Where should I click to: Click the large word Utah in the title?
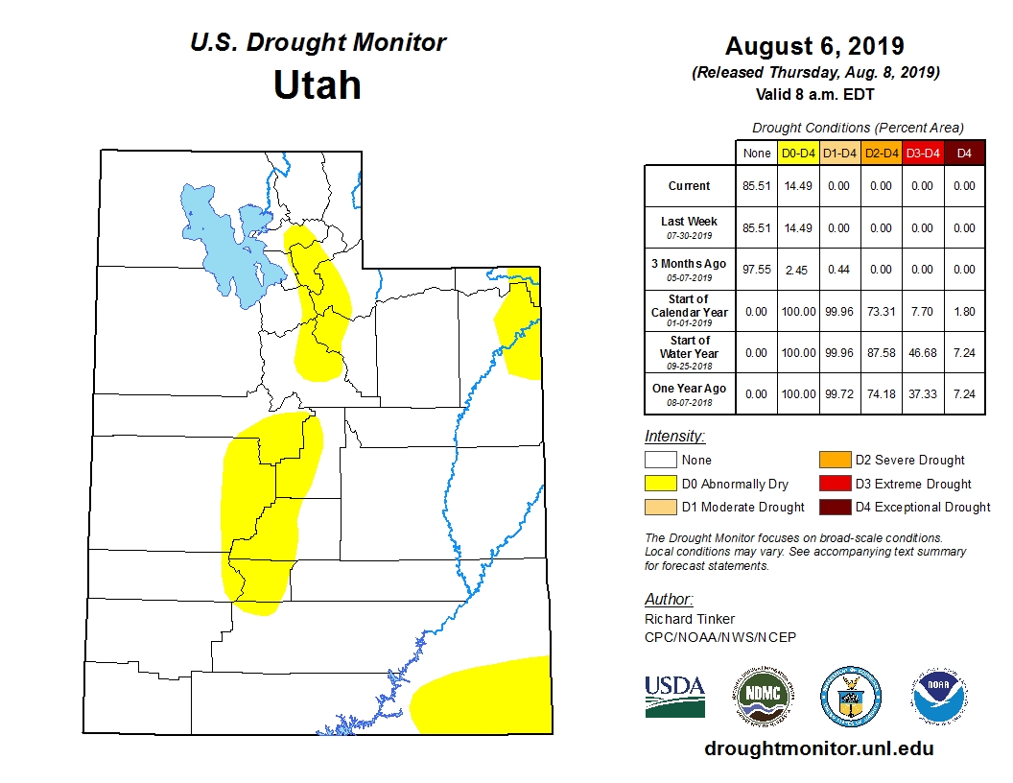click(317, 85)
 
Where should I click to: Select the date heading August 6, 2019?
click(814, 46)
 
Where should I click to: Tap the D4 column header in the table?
click(964, 153)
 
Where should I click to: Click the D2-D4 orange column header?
click(881, 153)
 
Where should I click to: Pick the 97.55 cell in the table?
click(756, 270)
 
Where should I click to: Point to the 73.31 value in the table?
click(881, 312)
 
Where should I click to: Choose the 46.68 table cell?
click(922, 353)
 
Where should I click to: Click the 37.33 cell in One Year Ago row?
click(922, 394)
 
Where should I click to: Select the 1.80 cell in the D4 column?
click(964, 312)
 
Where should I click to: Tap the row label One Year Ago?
click(689, 389)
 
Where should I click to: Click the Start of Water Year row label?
click(689, 346)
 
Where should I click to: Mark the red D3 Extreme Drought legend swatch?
click(834, 484)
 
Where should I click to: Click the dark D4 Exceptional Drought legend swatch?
click(834, 507)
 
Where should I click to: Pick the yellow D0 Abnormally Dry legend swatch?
click(660, 484)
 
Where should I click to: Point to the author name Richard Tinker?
click(690, 619)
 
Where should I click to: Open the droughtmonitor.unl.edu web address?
click(818, 748)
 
